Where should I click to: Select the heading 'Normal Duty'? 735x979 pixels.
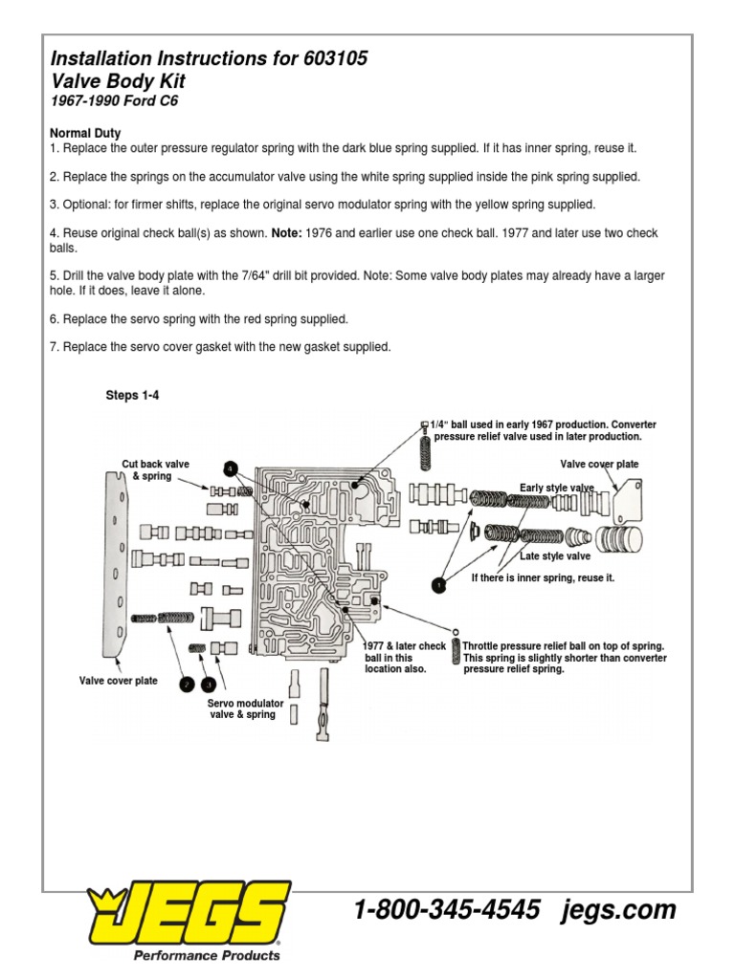click(x=85, y=133)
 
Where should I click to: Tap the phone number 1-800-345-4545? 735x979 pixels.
click(x=447, y=909)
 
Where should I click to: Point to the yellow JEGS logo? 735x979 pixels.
click(x=188, y=914)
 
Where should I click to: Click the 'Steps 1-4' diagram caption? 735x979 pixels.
click(x=132, y=396)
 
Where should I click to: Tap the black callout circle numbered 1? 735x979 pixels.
click(x=437, y=585)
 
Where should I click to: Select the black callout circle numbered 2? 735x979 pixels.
click(x=185, y=683)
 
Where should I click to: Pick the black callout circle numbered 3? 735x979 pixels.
click(x=209, y=683)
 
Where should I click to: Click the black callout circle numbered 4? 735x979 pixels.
click(x=230, y=468)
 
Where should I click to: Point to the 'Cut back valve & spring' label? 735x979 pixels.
click(x=155, y=469)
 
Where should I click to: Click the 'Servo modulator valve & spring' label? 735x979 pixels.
click(x=246, y=708)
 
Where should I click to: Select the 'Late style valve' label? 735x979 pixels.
click(x=555, y=555)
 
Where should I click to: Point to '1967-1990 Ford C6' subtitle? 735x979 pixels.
click(x=114, y=100)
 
